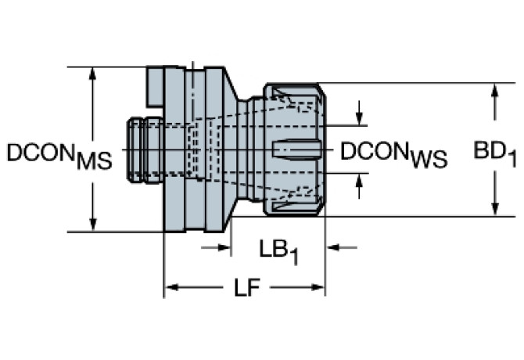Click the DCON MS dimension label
click(59, 157)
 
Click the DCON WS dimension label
click(393, 155)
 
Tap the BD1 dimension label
click(495, 154)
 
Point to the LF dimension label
click(247, 288)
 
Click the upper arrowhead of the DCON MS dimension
click(93, 74)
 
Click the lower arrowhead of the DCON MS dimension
click(93, 225)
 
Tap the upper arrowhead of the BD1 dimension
click(495, 90)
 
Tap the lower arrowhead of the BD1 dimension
click(495, 209)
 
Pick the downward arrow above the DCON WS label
click(359, 113)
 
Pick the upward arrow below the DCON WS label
click(359, 186)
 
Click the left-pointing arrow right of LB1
click(342, 247)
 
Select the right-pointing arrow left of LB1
click(216, 247)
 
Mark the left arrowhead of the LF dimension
click(173, 287)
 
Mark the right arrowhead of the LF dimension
click(318, 287)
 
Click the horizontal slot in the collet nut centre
click(296, 149)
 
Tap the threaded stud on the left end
click(145, 150)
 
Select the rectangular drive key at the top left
click(155, 87)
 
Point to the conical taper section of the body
click(231, 149)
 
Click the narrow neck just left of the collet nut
click(250, 149)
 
